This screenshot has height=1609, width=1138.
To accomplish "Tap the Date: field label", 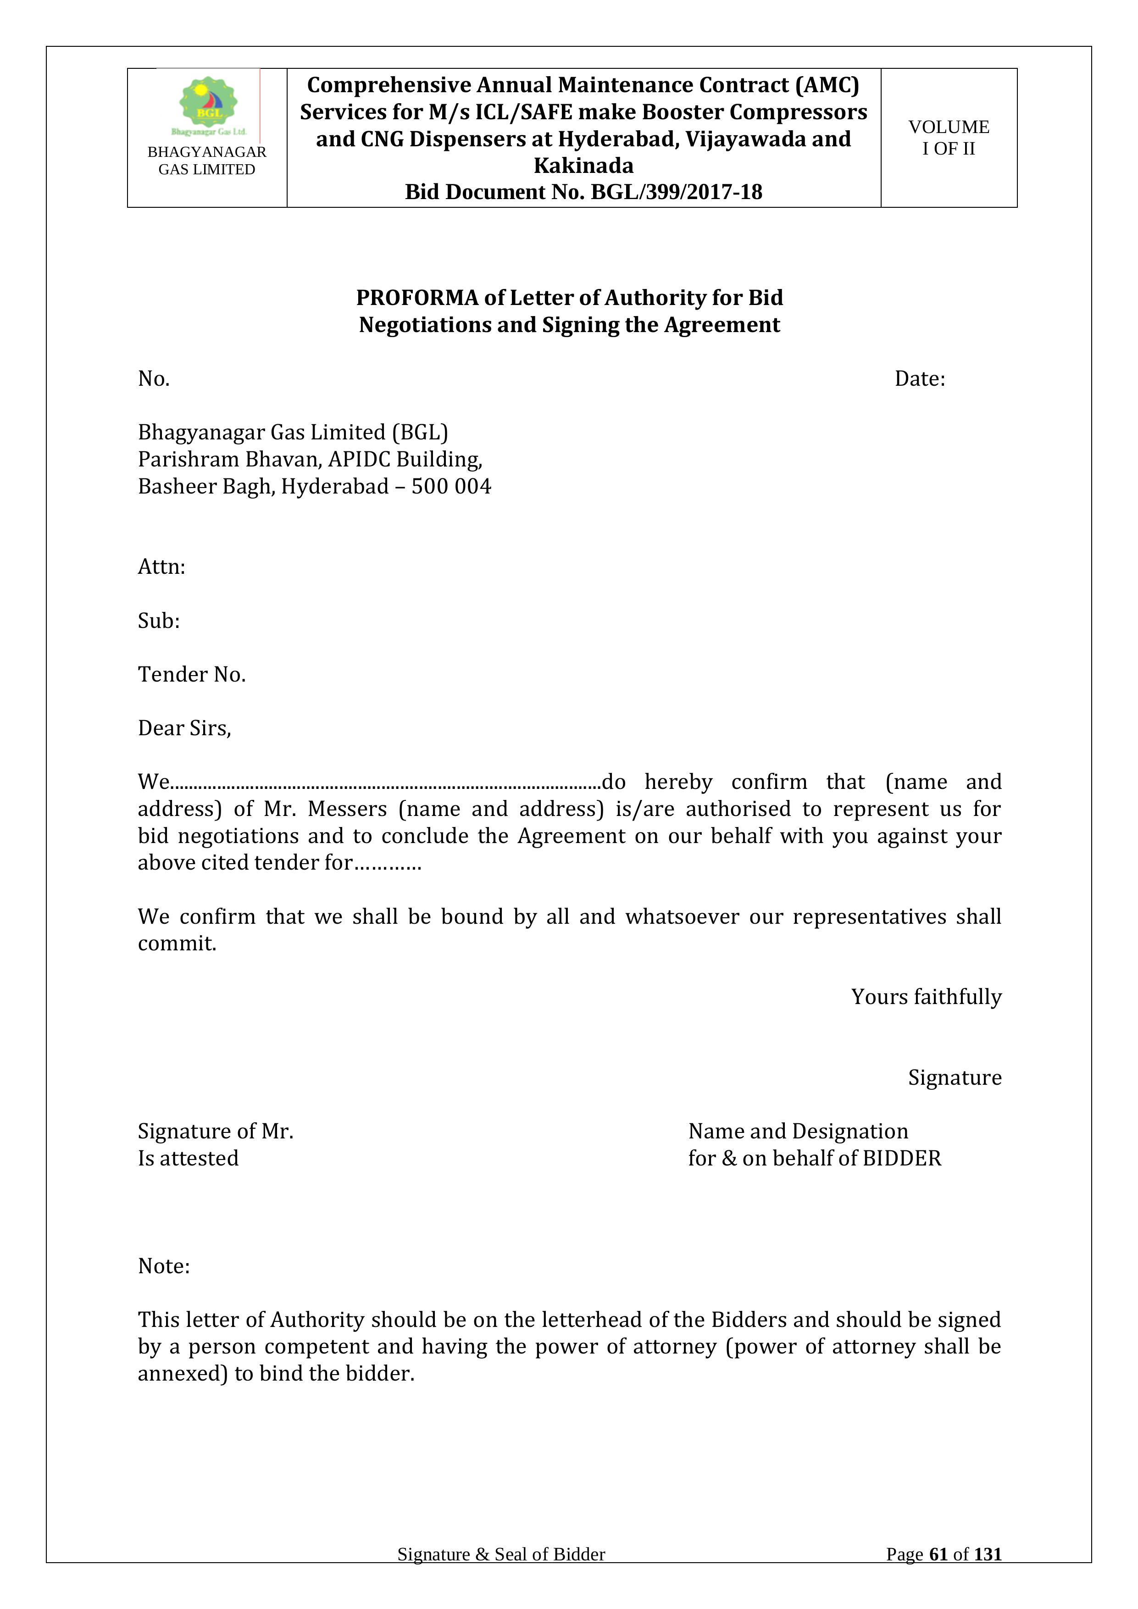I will pos(919,379).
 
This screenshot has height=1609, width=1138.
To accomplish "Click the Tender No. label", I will pos(191,674).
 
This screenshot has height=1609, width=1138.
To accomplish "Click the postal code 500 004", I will pos(451,486).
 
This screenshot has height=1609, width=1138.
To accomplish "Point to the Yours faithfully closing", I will pos(926,997).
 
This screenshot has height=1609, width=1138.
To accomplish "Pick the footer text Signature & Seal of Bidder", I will pos(501,1554).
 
